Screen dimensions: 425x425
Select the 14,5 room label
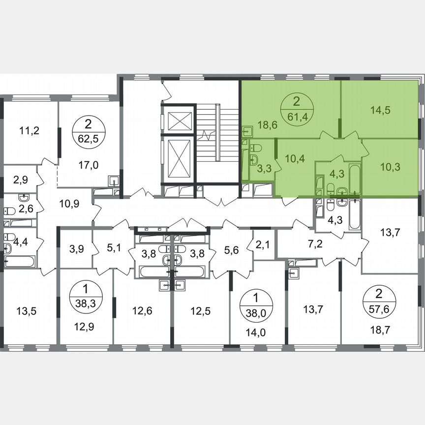[x=380, y=111]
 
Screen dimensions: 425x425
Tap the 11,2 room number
[x=30, y=130]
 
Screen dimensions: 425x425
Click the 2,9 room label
[x=21, y=180]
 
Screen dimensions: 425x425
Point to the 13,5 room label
[x=27, y=310]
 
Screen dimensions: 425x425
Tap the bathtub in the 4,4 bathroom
[x=20, y=261]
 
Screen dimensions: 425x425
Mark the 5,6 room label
[x=230, y=250]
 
